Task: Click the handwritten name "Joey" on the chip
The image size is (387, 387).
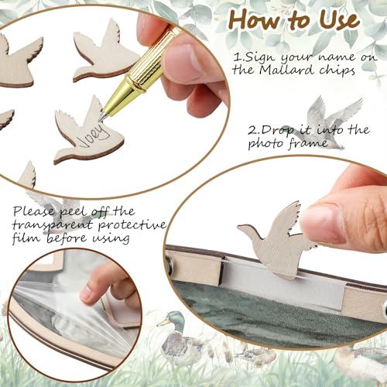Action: [x=94, y=137]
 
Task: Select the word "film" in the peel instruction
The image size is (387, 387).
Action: [x=27, y=237]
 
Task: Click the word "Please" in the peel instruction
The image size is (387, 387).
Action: [x=34, y=212]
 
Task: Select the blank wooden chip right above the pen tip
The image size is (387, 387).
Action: [x=106, y=52]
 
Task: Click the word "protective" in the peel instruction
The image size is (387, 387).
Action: [x=132, y=225]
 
